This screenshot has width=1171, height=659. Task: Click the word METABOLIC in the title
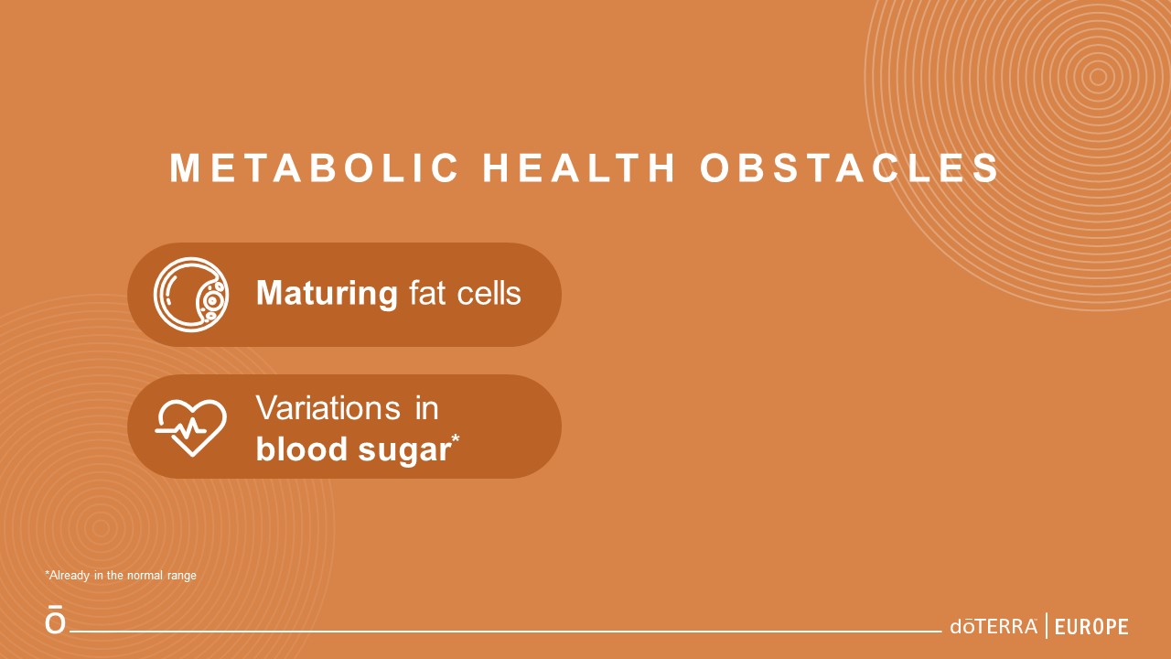click(x=314, y=167)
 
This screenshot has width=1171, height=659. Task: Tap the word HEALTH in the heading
click(x=579, y=167)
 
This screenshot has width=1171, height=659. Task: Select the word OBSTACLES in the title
click(x=850, y=167)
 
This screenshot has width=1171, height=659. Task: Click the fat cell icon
click(x=191, y=295)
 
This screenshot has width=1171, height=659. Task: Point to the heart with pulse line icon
click(x=191, y=427)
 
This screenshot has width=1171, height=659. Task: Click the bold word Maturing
click(x=328, y=294)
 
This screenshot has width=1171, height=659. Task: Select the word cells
click(x=489, y=293)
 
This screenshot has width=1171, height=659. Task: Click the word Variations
click(x=328, y=408)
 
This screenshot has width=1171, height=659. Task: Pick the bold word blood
click(x=302, y=448)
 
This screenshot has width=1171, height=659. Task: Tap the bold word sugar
click(x=404, y=451)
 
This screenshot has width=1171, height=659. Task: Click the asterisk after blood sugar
click(x=456, y=438)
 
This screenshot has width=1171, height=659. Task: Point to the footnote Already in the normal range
click(x=121, y=576)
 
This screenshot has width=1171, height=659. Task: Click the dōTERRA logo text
click(x=994, y=627)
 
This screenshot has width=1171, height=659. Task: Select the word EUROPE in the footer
click(x=1091, y=627)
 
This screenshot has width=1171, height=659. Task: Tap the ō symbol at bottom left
click(x=56, y=620)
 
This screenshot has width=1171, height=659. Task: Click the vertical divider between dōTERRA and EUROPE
click(x=1046, y=626)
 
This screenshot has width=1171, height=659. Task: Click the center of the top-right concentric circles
click(x=1099, y=77)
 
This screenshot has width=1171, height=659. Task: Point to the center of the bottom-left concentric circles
click(x=101, y=528)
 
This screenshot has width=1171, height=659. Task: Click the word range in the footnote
click(x=182, y=576)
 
